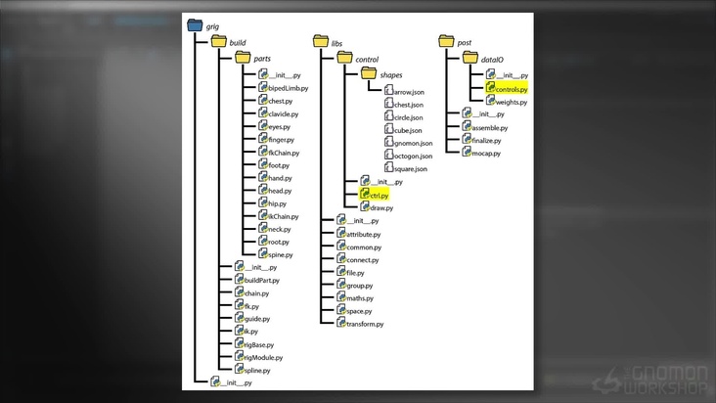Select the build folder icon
click(218, 43)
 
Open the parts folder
click(244, 59)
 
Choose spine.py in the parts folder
click(280, 254)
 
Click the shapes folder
click(368, 74)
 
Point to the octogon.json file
click(412, 156)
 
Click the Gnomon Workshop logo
click(654, 378)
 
